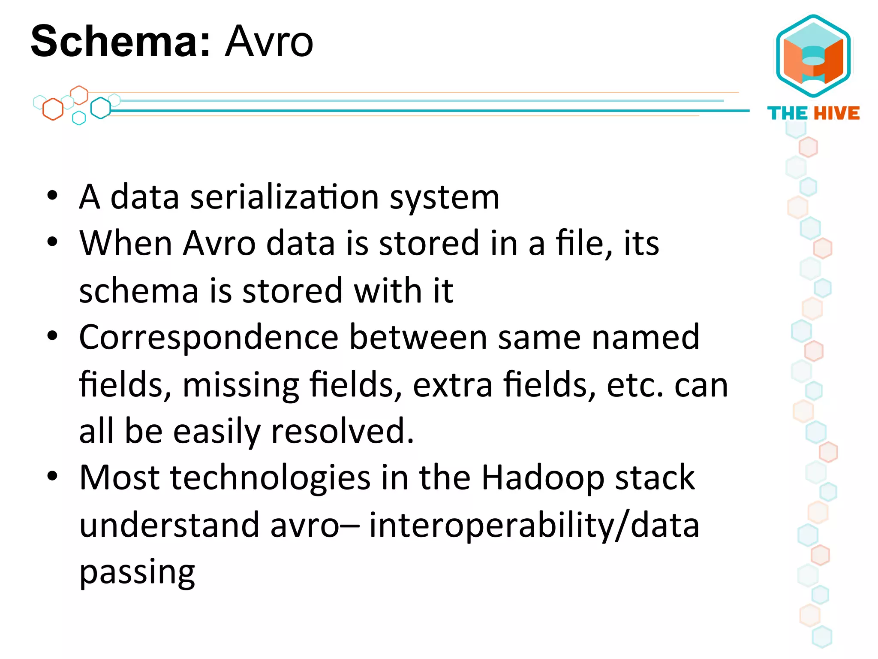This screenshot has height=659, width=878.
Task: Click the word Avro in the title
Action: click(x=269, y=41)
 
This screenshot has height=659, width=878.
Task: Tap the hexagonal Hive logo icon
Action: click(x=813, y=56)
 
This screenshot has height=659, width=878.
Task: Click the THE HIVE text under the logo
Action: click(x=813, y=113)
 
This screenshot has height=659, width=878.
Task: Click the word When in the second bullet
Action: click(x=126, y=243)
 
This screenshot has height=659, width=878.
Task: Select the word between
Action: click(x=418, y=337)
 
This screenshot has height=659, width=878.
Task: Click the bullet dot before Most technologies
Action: click(x=52, y=476)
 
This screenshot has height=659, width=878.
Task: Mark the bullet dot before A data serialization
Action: click(x=52, y=196)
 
